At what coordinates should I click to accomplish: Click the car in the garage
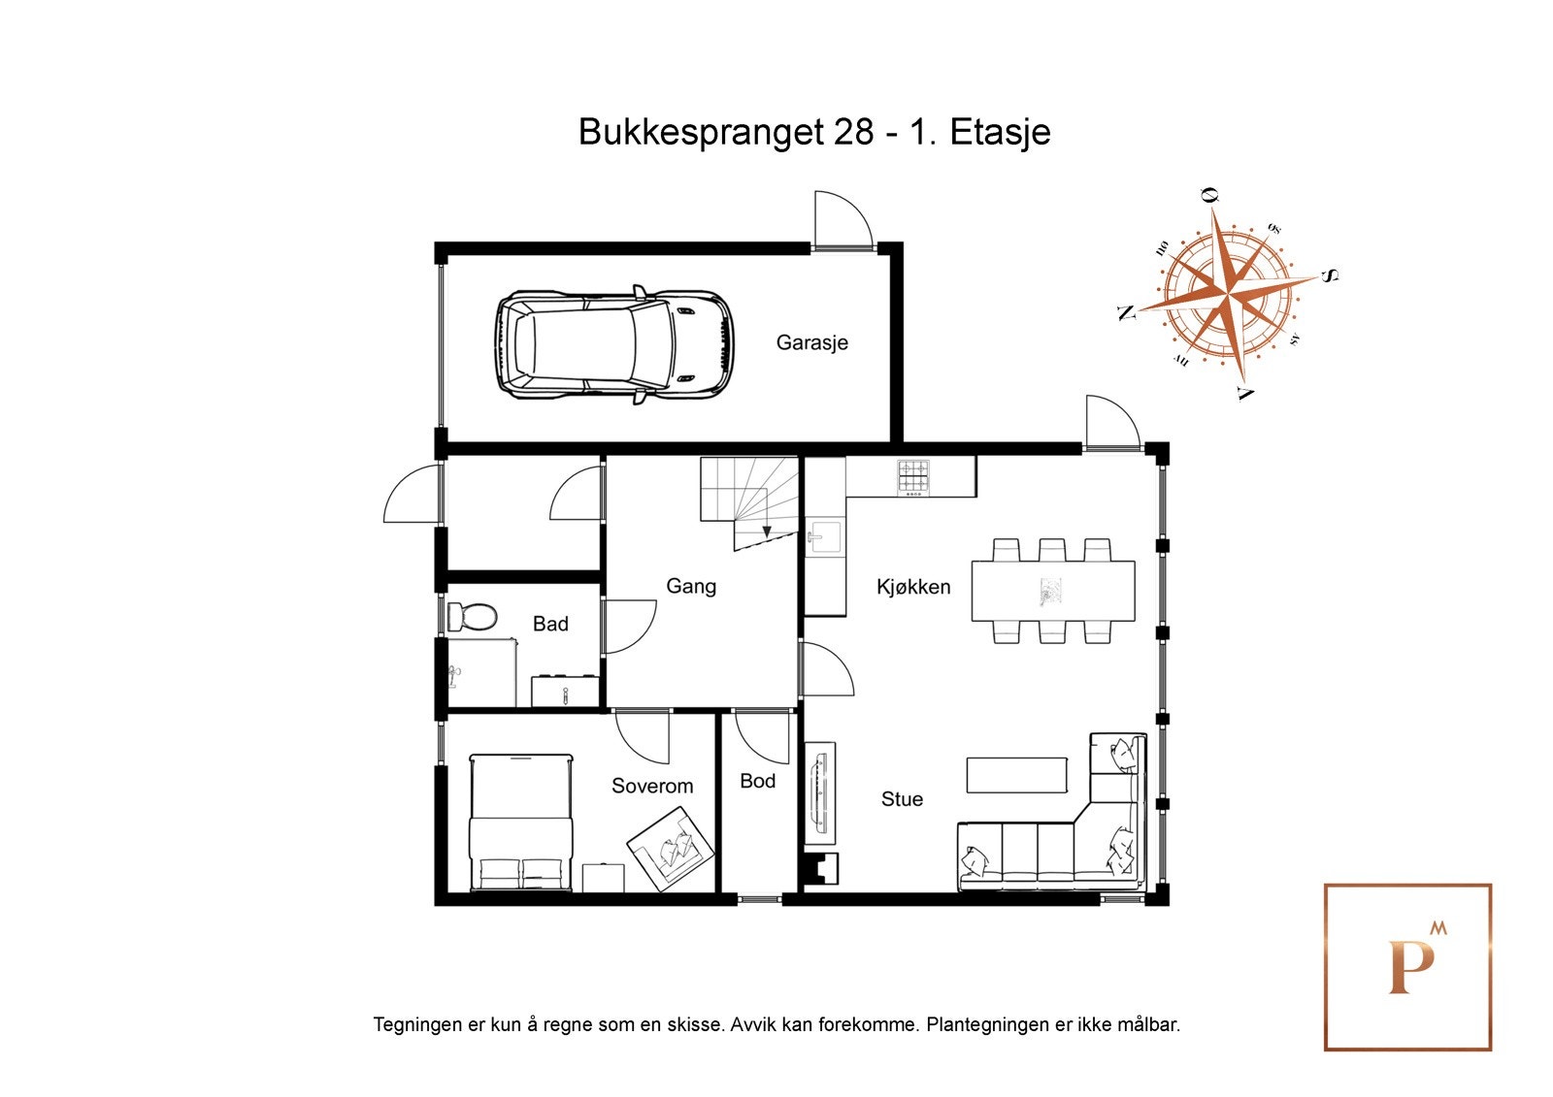[x=614, y=344]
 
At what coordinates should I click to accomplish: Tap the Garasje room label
[x=811, y=342]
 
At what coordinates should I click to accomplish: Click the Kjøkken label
[x=912, y=587]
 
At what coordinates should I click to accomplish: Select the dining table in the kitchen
[x=1053, y=591]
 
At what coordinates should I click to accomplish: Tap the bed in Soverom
[x=520, y=823]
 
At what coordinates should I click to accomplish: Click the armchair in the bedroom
[x=670, y=849]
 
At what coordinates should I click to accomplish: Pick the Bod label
[x=757, y=781]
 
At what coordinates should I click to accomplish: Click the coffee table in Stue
[x=1016, y=775]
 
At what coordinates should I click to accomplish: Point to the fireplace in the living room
[x=820, y=869]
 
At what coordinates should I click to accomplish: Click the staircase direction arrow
[x=767, y=531]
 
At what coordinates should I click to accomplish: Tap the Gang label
[x=690, y=586]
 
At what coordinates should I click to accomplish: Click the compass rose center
[x=1228, y=292]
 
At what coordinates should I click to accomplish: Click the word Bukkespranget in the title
[x=701, y=132]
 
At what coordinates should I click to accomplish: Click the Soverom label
[x=651, y=786]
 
